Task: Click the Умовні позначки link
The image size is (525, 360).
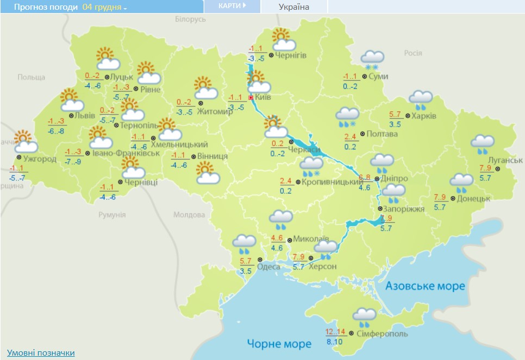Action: [x=41, y=353]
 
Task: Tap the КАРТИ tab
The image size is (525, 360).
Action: [x=232, y=6]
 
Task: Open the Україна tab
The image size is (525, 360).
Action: [x=293, y=7]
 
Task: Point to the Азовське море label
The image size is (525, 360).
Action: [x=425, y=286]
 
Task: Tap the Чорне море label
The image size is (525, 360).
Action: [x=279, y=344]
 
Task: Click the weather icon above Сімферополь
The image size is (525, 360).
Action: [x=364, y=316]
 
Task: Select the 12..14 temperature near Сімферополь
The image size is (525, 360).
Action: [x=335, y=332]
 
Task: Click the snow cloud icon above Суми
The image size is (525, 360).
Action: [x=373, y=58]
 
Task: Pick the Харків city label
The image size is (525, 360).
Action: [x=424, y=116]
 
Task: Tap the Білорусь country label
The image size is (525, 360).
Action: [x=191, y=19]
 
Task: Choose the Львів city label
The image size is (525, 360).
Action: [x=84, y=116]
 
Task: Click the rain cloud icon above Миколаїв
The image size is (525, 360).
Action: [x=281, y=220]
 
